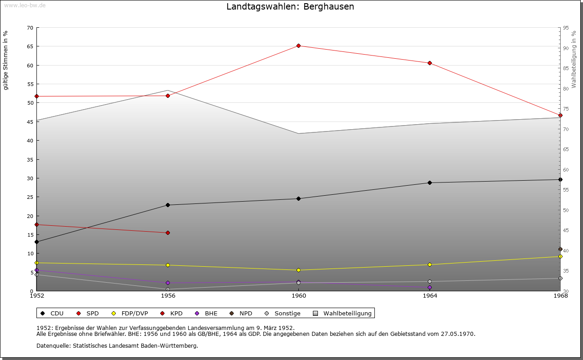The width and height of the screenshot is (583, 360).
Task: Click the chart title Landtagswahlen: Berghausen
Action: coord(290,7)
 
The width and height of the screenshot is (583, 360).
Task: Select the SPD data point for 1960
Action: coord(298,46)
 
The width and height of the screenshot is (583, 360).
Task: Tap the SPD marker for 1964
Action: coord(430,63)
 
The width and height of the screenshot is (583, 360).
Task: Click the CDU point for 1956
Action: coord(168,205)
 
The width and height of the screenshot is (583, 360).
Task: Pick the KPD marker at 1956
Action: coord(168,233)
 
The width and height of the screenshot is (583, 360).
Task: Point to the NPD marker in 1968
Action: coord(560,249)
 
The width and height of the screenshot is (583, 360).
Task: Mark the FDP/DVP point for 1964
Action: coord(430,264)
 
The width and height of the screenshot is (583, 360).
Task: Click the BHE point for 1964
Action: coord(430,287)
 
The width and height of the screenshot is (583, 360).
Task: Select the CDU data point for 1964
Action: coord(430,183)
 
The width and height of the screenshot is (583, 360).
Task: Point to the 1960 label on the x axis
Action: coord(298,296)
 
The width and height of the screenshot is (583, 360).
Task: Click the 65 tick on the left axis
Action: coord(30,46)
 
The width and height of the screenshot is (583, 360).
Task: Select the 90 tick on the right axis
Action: coord(566,48)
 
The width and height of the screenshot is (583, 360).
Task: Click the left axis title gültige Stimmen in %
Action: coord(6,60)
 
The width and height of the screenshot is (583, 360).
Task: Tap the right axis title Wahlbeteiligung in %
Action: coord(574,59)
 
